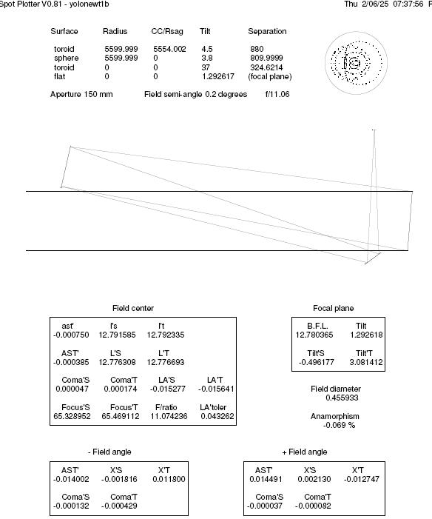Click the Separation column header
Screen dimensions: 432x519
pos(267,31)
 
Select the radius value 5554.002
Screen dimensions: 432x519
pos(169,49)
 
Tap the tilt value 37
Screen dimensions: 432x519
pos(206,67)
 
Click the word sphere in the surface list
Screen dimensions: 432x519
pos(66,58)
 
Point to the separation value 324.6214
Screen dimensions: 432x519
pos(266,67)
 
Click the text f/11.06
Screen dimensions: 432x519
pos(277,94)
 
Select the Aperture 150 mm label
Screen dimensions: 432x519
pos(81,94)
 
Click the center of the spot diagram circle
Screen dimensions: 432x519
pos(356,63)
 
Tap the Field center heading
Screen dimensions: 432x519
pos(133,308)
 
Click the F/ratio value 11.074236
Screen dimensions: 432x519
pos(169,416)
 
